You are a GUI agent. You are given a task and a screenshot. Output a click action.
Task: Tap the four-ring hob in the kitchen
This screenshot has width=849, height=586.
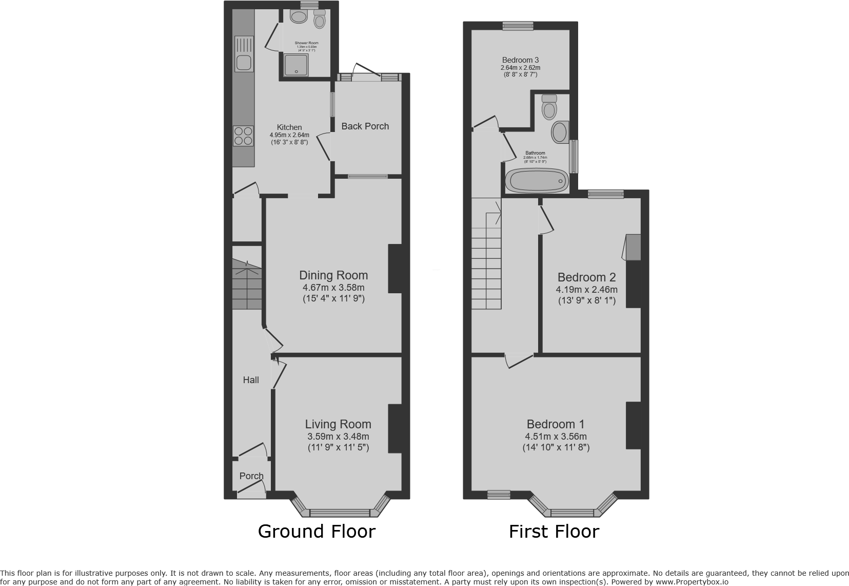point(244,136)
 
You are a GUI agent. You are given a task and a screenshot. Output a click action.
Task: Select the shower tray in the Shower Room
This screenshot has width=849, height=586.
point(294,66)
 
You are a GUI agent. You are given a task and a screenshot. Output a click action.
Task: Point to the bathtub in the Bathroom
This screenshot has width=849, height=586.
point(537,181)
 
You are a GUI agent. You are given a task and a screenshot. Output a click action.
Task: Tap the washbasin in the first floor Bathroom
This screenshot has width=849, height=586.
point(560,132)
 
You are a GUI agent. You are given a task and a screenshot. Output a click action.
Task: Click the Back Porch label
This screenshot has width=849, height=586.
point(365,126)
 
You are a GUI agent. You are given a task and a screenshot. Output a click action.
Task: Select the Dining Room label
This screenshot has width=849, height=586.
point(333,275)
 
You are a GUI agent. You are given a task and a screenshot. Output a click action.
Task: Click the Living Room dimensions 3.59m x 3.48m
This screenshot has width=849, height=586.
point(338,437)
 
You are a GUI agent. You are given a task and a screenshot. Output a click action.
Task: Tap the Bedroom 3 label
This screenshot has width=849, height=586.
point(520,60)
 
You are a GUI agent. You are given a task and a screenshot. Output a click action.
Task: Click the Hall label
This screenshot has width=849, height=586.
point(251,380)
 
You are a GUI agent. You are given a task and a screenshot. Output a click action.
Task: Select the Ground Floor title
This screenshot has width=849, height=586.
point(317,531)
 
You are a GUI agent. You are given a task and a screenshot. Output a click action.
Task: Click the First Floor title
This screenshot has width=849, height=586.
point(554,532)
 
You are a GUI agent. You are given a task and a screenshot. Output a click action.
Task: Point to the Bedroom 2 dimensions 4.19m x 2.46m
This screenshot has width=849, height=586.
point(587,290)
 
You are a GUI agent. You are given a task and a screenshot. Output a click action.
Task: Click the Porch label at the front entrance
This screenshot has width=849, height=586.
point(251,476)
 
